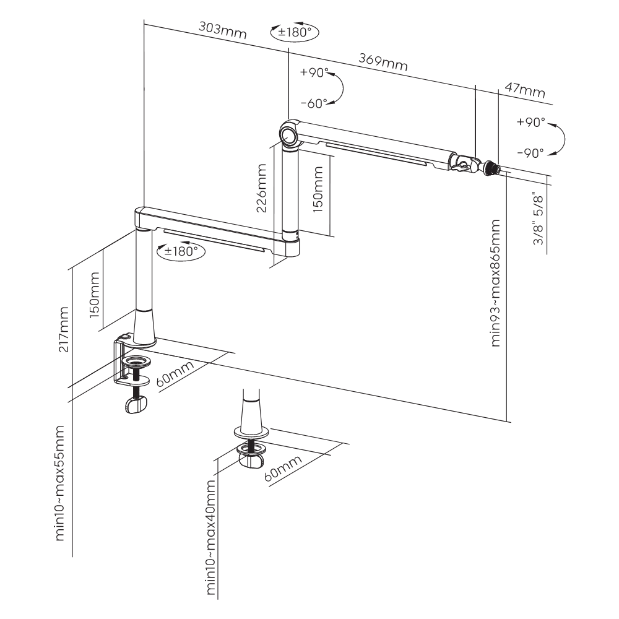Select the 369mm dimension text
click(x=383, y=62)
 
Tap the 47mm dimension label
click(x=525, y=90)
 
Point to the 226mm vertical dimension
click(x=261, y=188)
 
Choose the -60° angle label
click(x=313, y=103)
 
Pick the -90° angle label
click(x=530, y=152)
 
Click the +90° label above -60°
click(x=313, y=72)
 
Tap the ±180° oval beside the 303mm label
click(x=294, y=32)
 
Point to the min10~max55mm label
click(x=60, y=482)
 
